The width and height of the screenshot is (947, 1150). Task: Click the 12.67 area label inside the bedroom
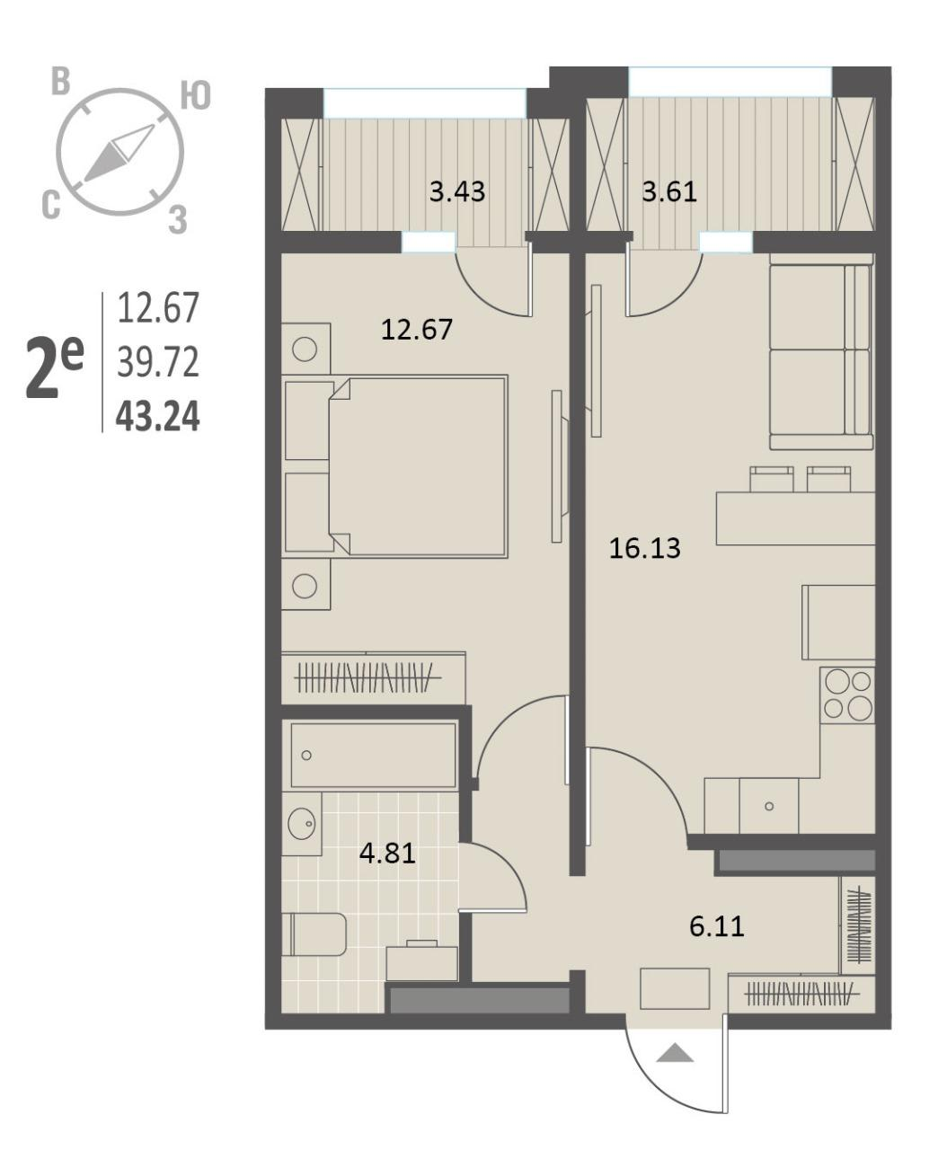click(417, 330)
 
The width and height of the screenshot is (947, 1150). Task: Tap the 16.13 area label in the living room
click(644, 548)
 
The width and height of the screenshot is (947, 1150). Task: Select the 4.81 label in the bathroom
click(387, 854)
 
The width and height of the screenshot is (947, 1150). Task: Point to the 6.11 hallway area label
click(717, 925)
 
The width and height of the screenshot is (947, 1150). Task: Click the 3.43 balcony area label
click(457, 191)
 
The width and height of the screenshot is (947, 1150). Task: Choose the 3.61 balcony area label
click(669, 191)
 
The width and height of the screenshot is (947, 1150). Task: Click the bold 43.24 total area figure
click(157, 417)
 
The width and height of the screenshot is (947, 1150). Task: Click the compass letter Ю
click(196, 96)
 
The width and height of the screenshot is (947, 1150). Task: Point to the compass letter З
click(177, 220)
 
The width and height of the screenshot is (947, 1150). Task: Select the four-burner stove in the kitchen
click(846, 694)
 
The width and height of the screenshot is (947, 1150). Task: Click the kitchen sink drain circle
click(769, 806)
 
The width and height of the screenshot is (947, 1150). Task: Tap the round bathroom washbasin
click(302, 825)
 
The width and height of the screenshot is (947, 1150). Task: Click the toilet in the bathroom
click(314, 934)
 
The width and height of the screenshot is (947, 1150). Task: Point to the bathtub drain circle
click(306, 755)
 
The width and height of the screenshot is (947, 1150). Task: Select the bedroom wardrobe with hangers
click(374, 678)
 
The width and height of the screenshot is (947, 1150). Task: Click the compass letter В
click(60, 82)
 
